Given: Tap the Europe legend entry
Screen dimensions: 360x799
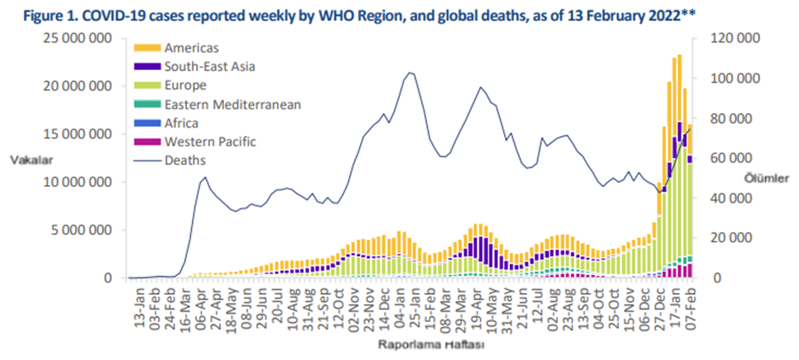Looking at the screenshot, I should [x=187, y=85].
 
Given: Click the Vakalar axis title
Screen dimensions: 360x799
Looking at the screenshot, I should [x=28, y=159].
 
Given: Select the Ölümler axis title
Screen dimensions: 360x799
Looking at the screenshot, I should [x=769, y=177].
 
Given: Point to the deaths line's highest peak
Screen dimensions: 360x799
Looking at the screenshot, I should [x=410, y=73].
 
